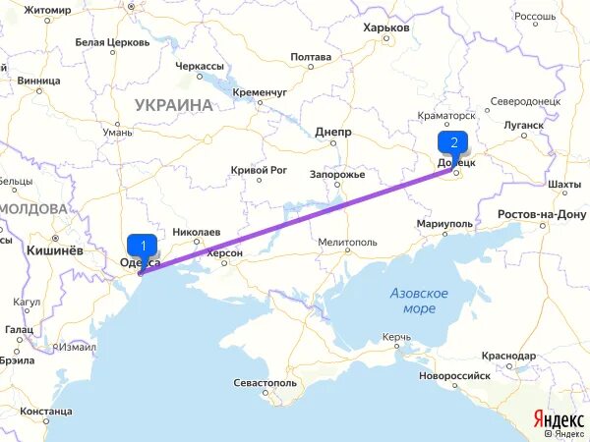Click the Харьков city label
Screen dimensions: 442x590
385,28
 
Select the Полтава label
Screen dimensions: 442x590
311,57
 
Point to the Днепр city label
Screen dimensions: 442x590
333,131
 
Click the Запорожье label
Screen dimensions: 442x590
337,175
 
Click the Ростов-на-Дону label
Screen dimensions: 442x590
542,214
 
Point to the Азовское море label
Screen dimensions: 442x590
419,301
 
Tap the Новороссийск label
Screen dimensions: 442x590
453,375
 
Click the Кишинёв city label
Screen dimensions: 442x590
47,249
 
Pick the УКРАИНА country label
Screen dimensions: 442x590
174,104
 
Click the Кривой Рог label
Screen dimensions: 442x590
258,170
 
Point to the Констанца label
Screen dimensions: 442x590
45,411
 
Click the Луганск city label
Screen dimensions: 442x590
521,126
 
